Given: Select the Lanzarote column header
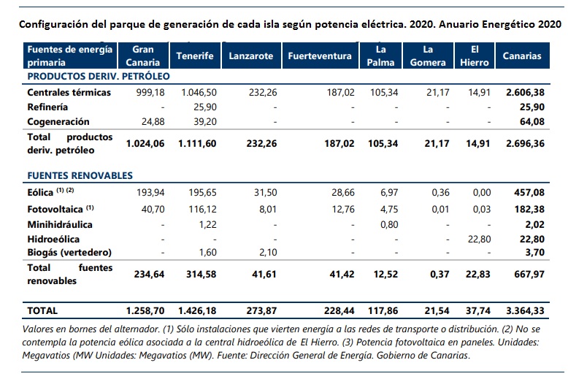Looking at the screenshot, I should pyautogui.click(x=250, y=56).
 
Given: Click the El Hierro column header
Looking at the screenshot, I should pyautogui.click(x=475, y=56).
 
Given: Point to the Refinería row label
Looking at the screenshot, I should pyautogui.click(x=48, y=107).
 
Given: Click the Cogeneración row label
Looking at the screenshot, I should pyautogui.click(x=58, y=121).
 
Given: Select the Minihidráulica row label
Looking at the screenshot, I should pyautogui.click(x=60, y=224).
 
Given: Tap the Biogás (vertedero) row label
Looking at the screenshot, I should pyautogui.click(x=69, y=252).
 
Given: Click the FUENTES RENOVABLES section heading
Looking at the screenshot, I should pyautogui.click(x=80, y=176).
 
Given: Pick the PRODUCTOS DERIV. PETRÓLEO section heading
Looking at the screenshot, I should pyautogui.click(x=98, y=76).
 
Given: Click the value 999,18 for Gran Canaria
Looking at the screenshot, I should pyautogui.click(x=149, y=93).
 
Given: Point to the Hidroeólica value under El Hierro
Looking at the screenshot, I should pyautogui.click(x=478, y=239).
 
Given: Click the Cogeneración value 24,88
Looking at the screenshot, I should pyautogui.click(x=153, y=121).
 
